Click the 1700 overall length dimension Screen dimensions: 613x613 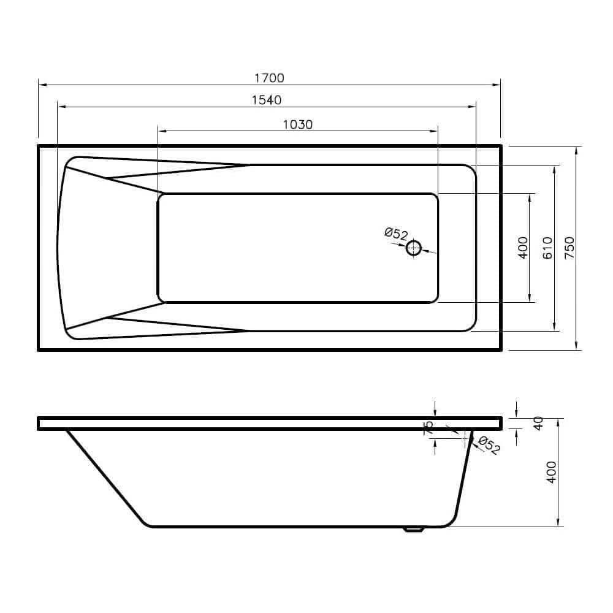[269, 78]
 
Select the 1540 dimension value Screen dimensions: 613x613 [267, 100]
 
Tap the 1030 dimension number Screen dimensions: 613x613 [298, 124]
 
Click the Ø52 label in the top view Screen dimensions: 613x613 [397, 234]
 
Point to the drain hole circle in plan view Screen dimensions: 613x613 [414, 248]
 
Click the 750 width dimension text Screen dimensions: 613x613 [569, 248]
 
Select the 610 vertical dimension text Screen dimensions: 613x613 [547, 248]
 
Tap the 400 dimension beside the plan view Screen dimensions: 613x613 [523, 248]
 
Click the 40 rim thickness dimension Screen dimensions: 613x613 [539, 423]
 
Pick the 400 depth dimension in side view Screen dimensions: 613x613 [551, 472]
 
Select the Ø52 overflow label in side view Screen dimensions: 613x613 [489, 445]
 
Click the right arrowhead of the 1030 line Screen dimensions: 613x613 [435, 131]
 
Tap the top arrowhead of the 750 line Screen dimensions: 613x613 [578, 150]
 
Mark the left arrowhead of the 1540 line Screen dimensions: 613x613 [60, 107]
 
